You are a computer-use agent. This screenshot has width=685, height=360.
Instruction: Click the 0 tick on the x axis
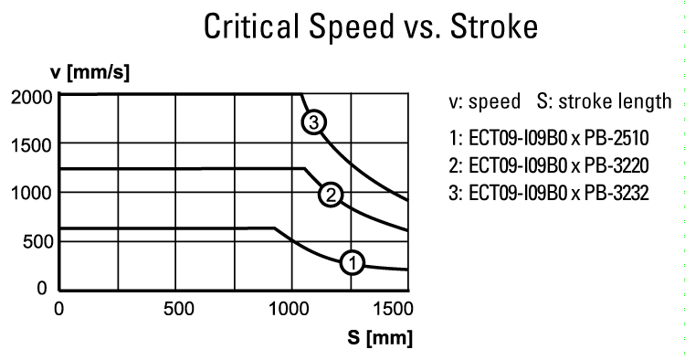(x=58, y=308)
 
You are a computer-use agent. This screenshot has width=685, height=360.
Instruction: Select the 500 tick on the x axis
(x=174, y=308)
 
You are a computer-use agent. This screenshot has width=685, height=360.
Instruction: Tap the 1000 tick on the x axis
(x=291, y=308)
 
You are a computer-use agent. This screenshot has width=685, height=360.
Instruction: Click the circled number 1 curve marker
(x=353, y=263)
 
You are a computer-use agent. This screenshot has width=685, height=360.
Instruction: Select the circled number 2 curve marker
(x=330, y=194)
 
